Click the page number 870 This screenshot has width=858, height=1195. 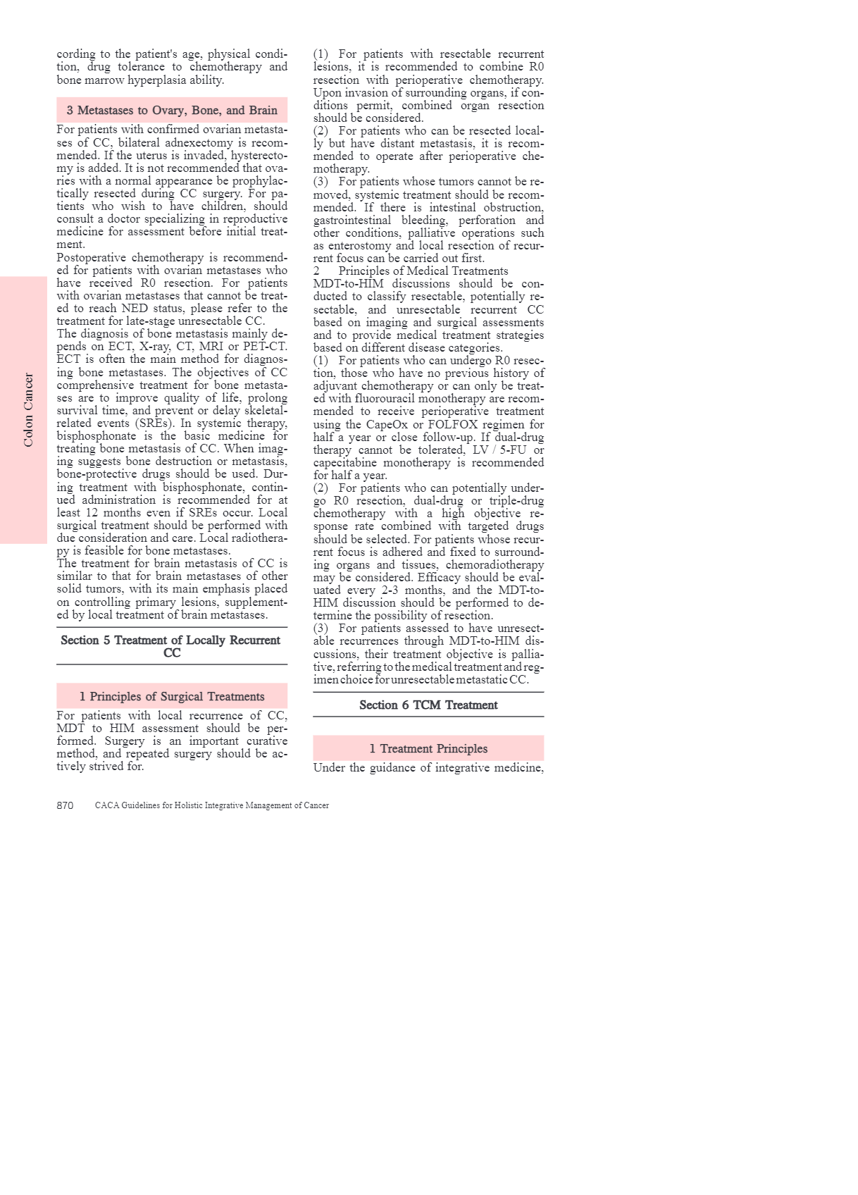[65, 805]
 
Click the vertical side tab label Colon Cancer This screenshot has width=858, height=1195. [28, 410]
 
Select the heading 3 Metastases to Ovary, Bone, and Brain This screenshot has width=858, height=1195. [172, 110]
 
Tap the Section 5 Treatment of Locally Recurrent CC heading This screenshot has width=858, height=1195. [171, 646]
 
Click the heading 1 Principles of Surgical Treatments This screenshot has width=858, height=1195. [172, 696]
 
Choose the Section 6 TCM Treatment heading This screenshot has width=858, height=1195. [428, 705]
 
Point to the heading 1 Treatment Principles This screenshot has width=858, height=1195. [428, 748]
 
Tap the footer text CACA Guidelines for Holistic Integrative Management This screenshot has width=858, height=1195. [211, 805]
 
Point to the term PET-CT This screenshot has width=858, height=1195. [265, 347]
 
